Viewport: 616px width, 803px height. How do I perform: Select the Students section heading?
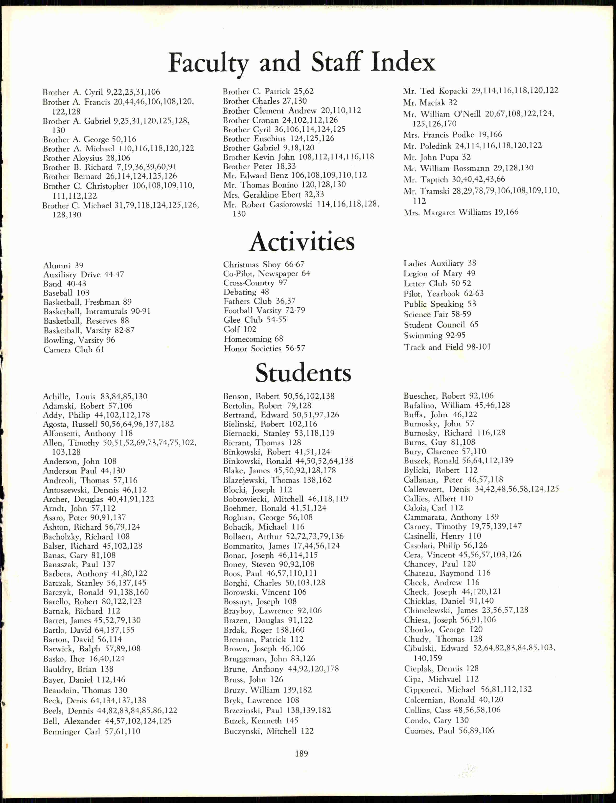click(x=303, y=373)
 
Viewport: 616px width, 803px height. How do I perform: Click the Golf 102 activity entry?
click(x=240, y=329)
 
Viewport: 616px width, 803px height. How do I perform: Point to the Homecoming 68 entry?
click(x=253, y=339)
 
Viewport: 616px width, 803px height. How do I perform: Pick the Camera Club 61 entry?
click(x=74, y=350)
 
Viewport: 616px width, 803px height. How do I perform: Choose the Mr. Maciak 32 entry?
click(x=430, y=103)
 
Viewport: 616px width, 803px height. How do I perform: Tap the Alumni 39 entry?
click(x=63, y=265)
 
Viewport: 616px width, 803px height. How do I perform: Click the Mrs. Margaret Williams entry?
click(x=461, y=212)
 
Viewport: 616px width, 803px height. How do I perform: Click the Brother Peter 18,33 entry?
click(x=259, y=166)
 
